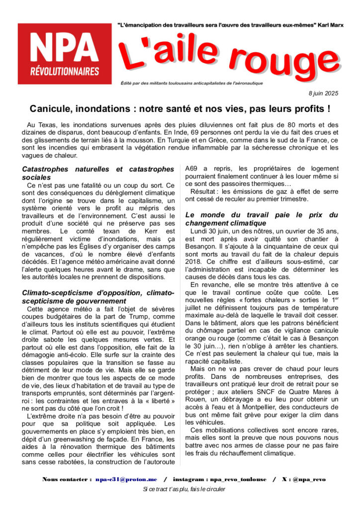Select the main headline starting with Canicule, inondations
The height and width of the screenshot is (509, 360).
pos(180,108)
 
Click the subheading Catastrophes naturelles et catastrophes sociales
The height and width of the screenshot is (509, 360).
pos(98,173)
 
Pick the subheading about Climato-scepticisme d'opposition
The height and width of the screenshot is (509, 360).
pos(98,296)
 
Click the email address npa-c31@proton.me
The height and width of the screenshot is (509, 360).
pos(126,479)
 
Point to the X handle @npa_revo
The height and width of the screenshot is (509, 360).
pos(309,479)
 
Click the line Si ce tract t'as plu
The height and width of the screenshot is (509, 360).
pos(180,490)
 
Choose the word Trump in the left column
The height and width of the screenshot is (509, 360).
pos(138,317)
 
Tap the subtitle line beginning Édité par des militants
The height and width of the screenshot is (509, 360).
pos(195,83)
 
